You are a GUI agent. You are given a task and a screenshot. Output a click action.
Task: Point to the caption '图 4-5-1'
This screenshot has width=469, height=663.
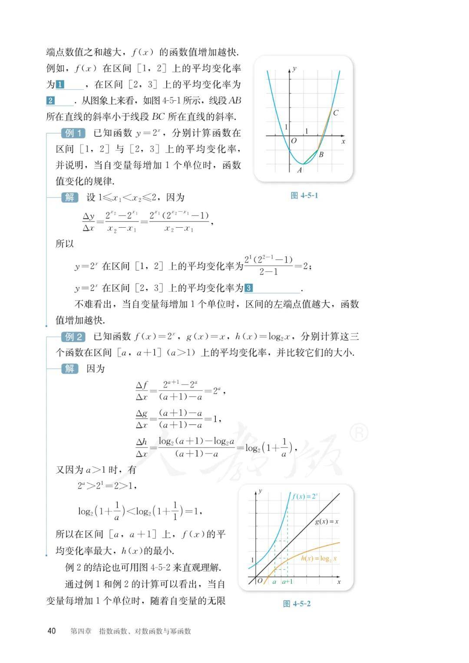point(304,196)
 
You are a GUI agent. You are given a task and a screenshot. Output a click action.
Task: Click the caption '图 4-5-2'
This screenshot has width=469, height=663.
point(297,603)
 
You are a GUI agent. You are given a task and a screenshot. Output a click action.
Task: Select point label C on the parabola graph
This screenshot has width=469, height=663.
point(335,113)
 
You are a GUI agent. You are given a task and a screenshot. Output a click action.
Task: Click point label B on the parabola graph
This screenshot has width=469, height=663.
point(321,154)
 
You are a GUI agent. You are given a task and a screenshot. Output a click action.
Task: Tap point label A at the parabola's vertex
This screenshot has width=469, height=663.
point(299,170)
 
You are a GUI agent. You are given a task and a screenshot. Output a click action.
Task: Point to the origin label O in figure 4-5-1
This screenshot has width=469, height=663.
point(294,141)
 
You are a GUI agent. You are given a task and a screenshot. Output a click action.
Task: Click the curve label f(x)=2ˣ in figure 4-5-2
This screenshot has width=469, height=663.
point(305,496)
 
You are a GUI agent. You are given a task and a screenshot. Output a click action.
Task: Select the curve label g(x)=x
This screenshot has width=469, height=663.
point(327,521)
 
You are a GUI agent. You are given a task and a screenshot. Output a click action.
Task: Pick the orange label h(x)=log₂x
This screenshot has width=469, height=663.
point(319,559)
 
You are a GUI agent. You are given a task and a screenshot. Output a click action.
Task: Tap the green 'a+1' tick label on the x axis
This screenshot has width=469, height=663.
point(287,581)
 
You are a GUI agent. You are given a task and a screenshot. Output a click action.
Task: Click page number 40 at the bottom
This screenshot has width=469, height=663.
point(52,631)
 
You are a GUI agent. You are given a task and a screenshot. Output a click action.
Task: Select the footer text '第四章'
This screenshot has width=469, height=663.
point(81,631)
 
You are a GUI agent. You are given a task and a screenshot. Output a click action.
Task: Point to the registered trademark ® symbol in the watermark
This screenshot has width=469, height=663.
point(359,433)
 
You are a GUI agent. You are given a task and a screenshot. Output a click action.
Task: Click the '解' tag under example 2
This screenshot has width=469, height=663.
point(69,369)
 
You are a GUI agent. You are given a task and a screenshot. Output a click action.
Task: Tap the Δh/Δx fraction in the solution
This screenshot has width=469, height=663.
point(142,448)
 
